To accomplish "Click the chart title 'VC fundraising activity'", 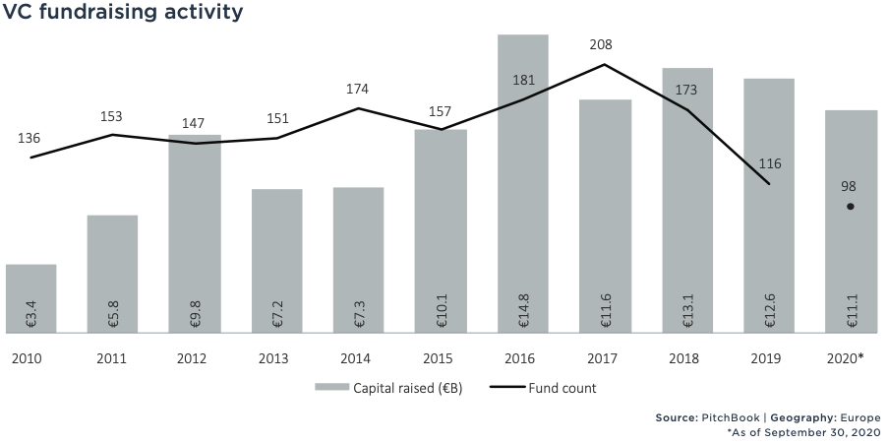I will coord(123,14).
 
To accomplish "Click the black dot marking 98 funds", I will coord(851,207).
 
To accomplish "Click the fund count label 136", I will coord(30,138).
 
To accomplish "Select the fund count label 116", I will coord(769,163).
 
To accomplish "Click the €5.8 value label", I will coord(113,315).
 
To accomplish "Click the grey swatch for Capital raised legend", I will coord(331,388).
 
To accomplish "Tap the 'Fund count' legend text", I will coord(562,388).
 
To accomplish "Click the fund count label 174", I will coord(359,89).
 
